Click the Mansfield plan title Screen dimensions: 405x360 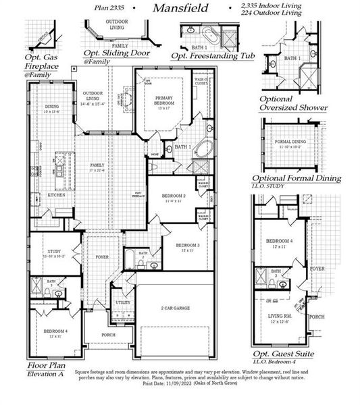(x=180, y=9)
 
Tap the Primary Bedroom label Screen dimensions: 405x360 (x=164, y=100)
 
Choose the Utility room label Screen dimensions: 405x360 (x=122, y=302)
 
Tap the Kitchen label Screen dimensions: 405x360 (x=57, y=195)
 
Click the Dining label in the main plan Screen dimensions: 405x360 (x=52, y=107)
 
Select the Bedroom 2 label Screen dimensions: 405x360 (x=174, y=196)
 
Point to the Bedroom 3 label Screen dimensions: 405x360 (x=188, y=246)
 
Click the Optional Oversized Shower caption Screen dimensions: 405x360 (x=293, y=103)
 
